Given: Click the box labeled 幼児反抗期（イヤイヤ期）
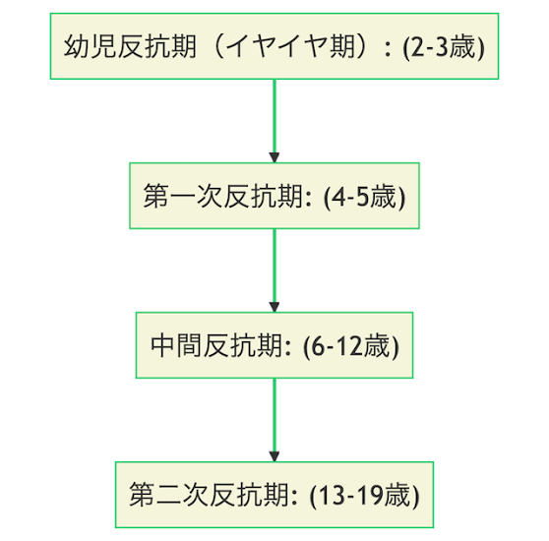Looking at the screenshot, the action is coord(274,46).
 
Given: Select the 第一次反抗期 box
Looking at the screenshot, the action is coord(274,196).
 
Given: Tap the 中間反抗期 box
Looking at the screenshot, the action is coord(274,345).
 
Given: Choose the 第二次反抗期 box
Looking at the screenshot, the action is coord(274,495).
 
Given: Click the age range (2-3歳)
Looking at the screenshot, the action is coord(444,47).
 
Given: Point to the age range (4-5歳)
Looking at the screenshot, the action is coord(364,197).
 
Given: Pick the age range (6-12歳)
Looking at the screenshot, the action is coord(351,346).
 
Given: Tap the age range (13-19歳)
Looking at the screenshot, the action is coord(364,496).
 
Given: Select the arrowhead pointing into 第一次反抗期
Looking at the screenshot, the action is coord(274,157).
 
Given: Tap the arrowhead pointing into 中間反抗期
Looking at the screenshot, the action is coord(274,307).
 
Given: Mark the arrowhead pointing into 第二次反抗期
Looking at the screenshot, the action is coord(274,456).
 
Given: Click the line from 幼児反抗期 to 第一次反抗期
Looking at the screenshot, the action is coord(274,116).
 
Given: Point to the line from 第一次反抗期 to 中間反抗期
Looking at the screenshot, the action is coord(274,266).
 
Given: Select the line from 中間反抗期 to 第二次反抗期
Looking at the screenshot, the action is coord(274,415).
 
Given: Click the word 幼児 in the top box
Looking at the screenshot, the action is coord(90,46).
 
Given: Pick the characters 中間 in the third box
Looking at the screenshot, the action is coord(176,345).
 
